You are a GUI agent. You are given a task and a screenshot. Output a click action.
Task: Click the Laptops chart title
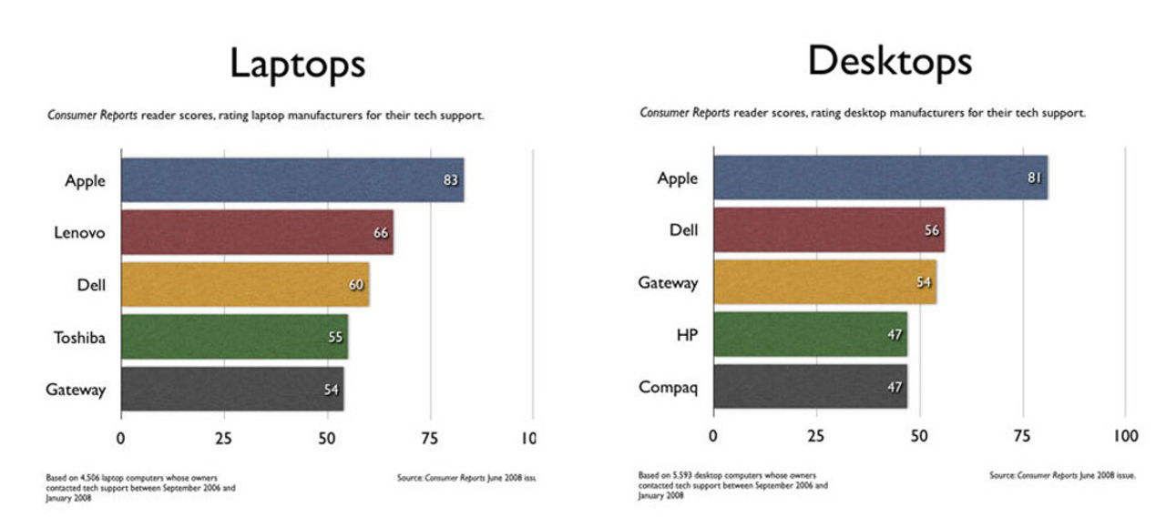click(297, 65)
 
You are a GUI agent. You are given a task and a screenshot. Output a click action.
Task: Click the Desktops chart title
click(889, 61)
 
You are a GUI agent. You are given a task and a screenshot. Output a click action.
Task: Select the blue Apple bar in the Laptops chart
click(291, 179)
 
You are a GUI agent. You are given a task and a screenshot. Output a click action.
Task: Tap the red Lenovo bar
click(257, 232)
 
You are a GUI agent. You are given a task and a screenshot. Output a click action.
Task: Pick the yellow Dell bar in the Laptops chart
click(244, 285)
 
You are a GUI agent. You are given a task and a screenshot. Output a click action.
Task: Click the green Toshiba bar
click(234, 337)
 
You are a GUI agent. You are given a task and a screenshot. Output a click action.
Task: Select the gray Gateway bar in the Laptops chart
click(231, 389)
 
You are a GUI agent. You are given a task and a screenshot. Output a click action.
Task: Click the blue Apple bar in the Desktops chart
click(880, 178)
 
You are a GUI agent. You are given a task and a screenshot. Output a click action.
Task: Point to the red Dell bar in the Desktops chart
click(828, 229)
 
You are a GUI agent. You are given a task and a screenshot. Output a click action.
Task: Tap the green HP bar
click(810, 334)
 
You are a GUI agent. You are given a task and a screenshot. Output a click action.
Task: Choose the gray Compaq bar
click(810, 387)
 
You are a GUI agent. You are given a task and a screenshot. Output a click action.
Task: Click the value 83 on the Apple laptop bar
click(451, 180)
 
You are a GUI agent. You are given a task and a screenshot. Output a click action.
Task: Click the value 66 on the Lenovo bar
click(381, 233)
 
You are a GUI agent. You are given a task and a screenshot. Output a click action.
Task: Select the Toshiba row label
click(79, 338)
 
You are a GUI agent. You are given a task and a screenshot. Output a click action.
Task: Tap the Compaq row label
click(668, 387)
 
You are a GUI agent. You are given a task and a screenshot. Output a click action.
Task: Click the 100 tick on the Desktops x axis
click(1125, 436)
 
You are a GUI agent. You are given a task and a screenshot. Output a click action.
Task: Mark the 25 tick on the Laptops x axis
click(223, 438)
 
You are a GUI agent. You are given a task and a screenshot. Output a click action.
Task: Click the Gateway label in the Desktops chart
click(668, 282)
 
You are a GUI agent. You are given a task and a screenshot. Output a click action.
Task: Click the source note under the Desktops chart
click(1062, 475)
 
